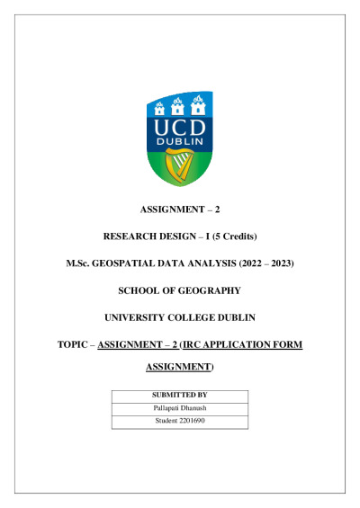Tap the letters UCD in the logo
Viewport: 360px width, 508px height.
(180, 127)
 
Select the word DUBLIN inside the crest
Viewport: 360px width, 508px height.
(180, 142)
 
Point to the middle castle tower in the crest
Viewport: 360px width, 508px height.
(180, 104)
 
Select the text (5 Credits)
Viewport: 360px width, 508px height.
(231, 236)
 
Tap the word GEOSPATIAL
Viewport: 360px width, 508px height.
(158, 263)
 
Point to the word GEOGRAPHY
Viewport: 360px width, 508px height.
(210, 290)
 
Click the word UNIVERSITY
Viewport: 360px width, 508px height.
(142, 317)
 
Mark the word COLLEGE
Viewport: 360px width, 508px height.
(198, 317)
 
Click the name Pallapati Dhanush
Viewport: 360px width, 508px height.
(180, 407)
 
